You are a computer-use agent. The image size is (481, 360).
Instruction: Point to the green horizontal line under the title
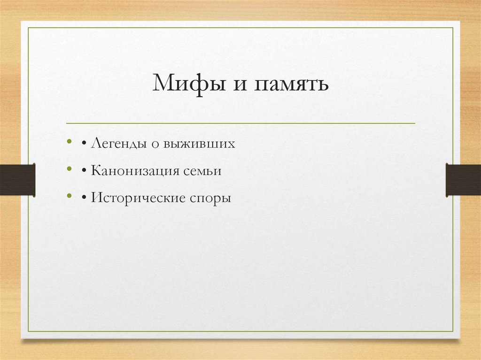[x=240, y=123]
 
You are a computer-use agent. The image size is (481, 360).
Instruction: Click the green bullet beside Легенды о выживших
[x=70, y=141]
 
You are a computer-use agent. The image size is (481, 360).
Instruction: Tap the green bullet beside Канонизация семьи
[x=70, y=169]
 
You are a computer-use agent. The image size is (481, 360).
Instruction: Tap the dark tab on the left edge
[x=17, y=179]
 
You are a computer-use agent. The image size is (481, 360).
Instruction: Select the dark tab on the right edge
[x=463, y=179]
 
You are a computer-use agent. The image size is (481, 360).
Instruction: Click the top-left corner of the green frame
[x=28, y=28]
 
